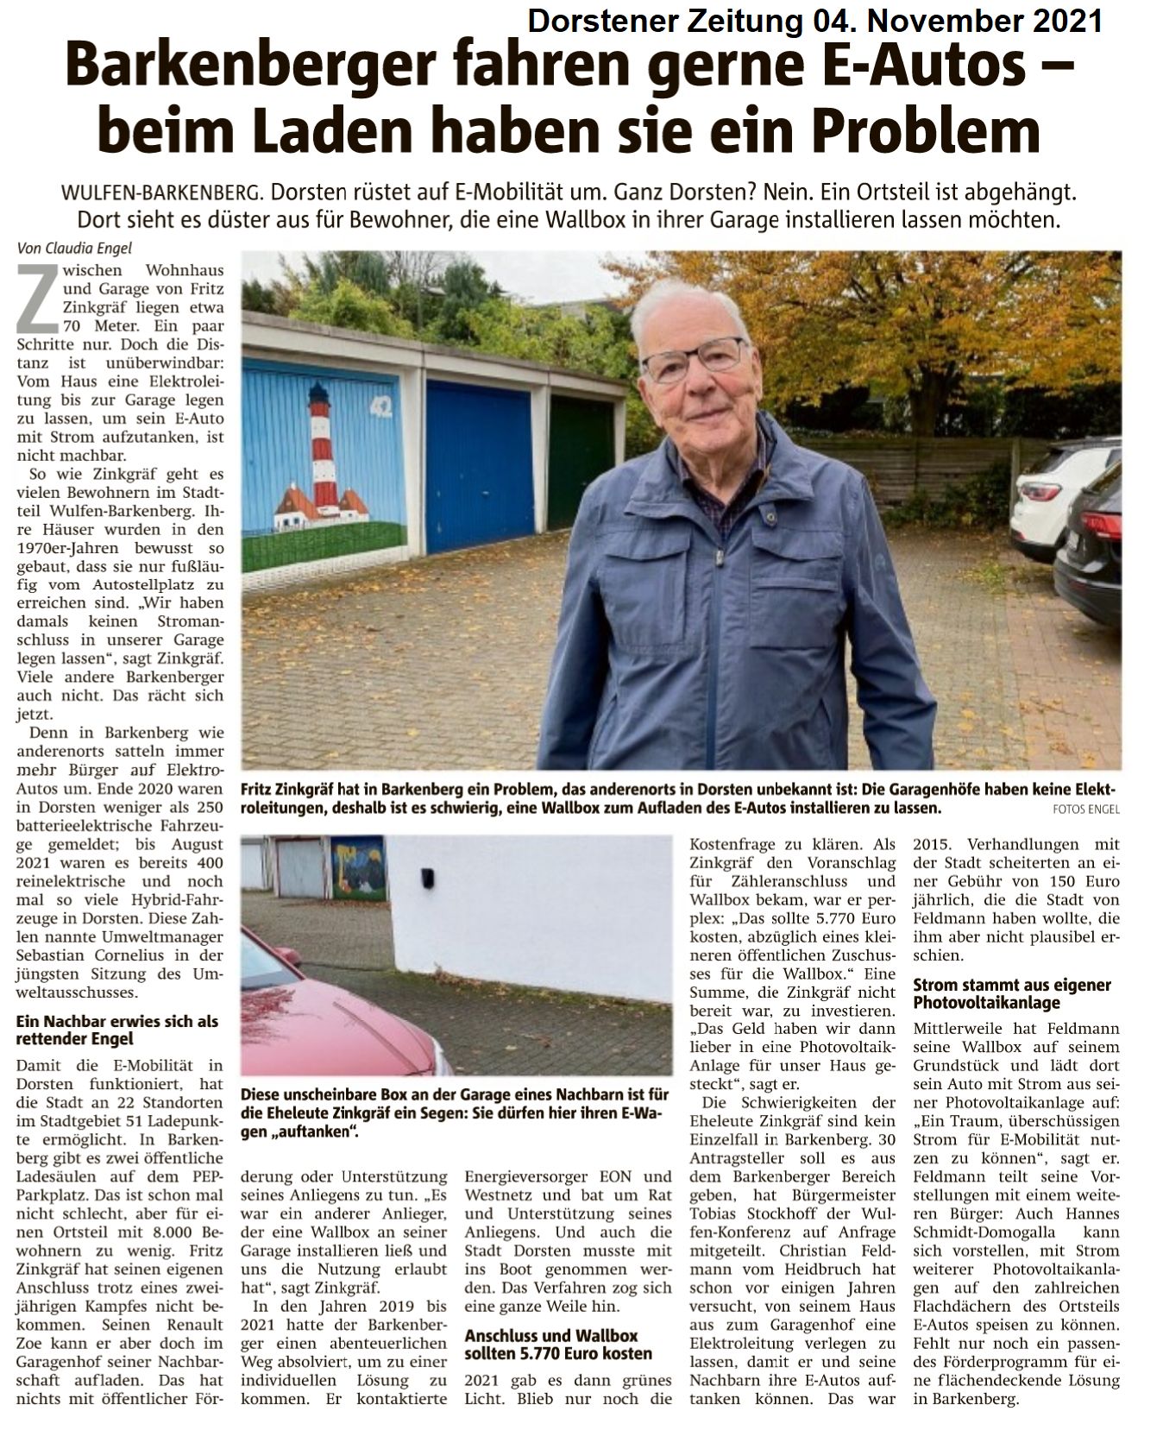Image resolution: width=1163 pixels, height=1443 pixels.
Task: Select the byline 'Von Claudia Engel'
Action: [74, 248]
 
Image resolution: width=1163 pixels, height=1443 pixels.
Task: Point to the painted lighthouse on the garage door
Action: [324, 449]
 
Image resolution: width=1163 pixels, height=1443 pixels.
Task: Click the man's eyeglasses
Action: [693, 358]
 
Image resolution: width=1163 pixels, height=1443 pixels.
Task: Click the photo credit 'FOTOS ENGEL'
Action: [1085, 810]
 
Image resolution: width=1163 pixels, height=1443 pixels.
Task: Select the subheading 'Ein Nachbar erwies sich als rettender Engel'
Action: [117, 1030]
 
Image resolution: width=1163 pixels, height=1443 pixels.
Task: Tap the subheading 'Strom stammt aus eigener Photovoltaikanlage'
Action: [1011, 993]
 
